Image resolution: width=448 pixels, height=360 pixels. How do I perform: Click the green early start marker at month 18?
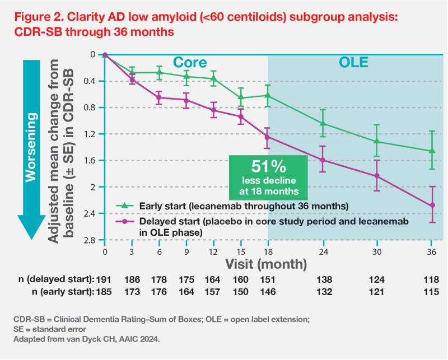[268, 95]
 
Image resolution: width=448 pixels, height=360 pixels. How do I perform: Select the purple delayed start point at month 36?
[432, 205]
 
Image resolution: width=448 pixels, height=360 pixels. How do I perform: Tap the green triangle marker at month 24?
[323, 123]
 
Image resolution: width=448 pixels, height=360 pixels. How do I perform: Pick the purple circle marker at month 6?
[159, 97]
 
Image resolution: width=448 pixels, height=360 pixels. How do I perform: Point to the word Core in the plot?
[189, 62]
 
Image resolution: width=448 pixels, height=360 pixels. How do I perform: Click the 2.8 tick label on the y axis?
[90, 240]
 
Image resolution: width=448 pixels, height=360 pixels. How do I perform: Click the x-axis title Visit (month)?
[266, 263]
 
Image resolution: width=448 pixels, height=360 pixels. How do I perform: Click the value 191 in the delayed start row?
[105, 279]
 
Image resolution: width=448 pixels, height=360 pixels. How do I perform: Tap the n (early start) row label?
[61, 291]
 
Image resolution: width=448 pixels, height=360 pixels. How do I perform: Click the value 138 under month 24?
[323, 279]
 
